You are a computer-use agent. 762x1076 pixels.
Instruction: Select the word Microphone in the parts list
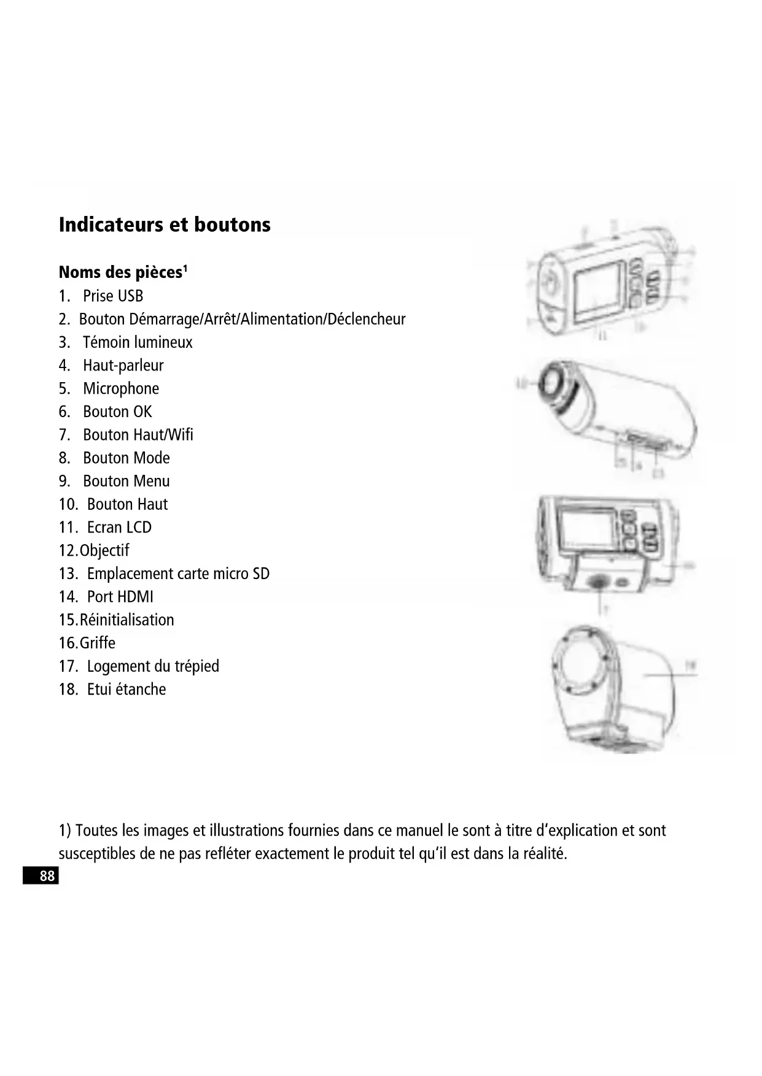pos(121,389)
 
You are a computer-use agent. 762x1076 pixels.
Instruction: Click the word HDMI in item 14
pos(136,597)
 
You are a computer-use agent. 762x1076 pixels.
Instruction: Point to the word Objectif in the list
pos(104,551)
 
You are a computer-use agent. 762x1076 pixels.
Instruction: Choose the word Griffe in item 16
pos(97,644)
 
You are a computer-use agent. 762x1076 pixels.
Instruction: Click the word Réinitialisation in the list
pos(126,620)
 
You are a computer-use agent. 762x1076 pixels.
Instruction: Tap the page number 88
pos(47,876)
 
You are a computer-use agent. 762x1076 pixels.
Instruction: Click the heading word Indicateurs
pos(111,225)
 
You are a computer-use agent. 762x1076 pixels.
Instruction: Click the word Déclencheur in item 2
pos(366,320)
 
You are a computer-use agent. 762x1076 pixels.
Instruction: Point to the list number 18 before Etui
pos(68,690)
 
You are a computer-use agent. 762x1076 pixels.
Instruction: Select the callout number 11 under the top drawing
pos(602,336)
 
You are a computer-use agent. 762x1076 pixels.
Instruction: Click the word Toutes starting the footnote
pos(97,831)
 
